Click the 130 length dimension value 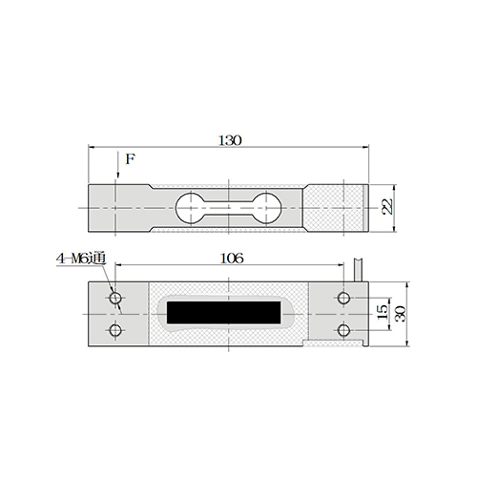(x=230, y=140)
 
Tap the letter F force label (x=131, y=159)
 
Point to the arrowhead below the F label (x=117, y=175)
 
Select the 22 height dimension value (x=386, y=207)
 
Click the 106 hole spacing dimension (x=232, y=259)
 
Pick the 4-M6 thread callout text (x=81, y=259)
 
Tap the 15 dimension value (x=383, y=312)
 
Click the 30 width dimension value (x=400, y=314)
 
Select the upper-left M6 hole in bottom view (x=115, y=299)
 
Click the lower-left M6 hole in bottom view (x=115, y=330)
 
